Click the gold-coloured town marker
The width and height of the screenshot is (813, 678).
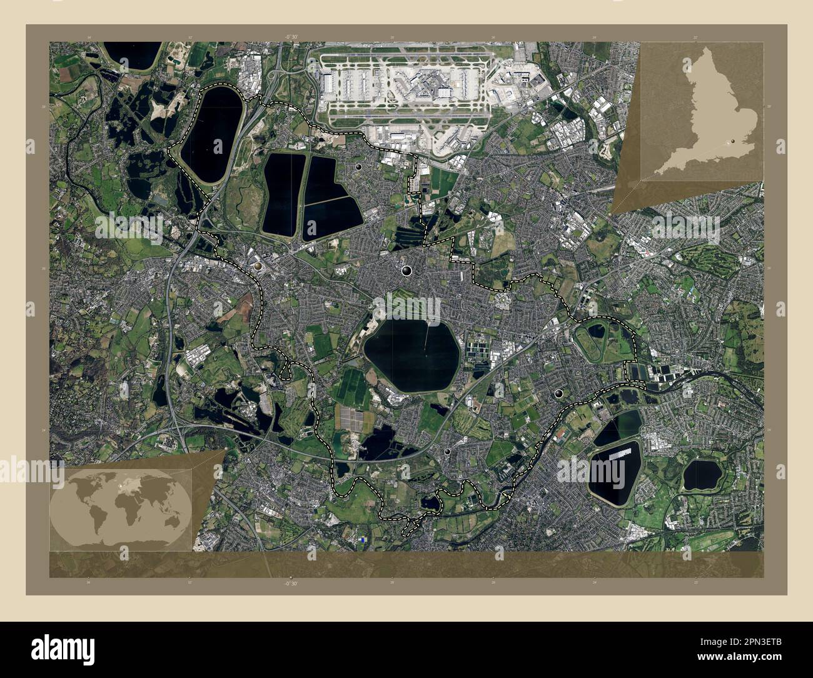point(259,268)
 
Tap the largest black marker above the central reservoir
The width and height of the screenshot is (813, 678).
point(407,270)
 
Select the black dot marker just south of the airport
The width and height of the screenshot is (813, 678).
point(359,168)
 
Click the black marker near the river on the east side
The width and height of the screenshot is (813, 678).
point(558,393)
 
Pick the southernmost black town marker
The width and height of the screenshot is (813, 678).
point(448,451)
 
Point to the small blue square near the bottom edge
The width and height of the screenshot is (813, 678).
point(363,539)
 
